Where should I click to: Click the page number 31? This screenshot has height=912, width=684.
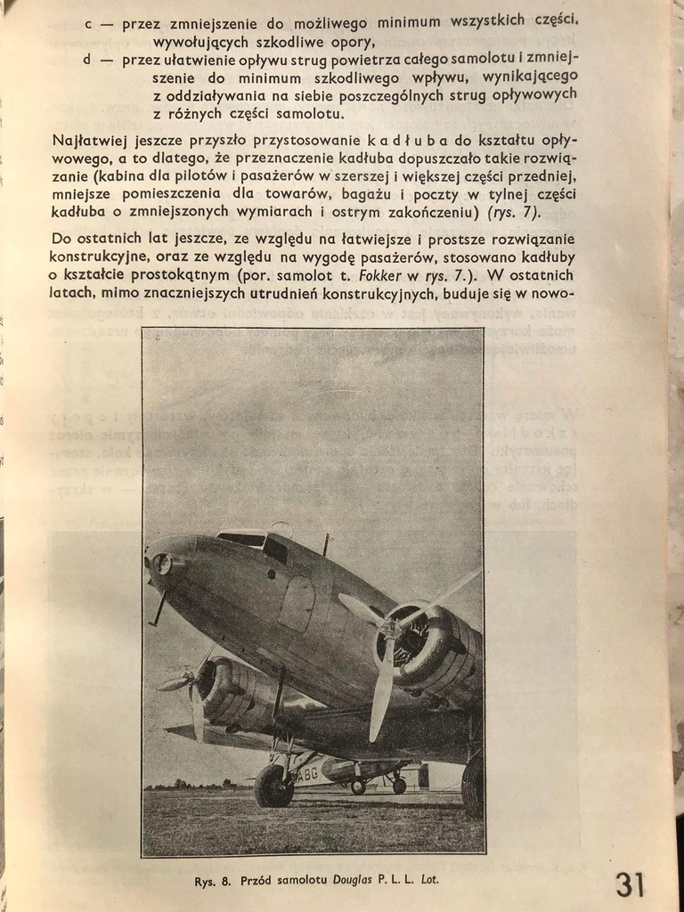(630, 884)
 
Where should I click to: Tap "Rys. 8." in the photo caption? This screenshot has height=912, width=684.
(214, 882)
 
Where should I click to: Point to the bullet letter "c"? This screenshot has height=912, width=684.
(88, 24)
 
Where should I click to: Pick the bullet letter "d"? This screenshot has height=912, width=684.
(88, 59)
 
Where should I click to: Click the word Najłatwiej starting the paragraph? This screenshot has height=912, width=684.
(85, 140)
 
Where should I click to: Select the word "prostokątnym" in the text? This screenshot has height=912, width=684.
(163, 275)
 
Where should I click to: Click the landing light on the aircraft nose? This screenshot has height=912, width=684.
(162, 563)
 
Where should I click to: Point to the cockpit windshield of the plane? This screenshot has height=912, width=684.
(242, 539)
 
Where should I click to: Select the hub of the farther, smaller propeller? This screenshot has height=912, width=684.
(190, 680)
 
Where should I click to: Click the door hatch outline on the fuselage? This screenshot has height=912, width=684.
(296, 603)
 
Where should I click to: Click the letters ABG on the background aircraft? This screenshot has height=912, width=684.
(308, 773)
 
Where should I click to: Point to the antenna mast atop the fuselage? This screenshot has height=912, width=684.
(326, 543)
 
